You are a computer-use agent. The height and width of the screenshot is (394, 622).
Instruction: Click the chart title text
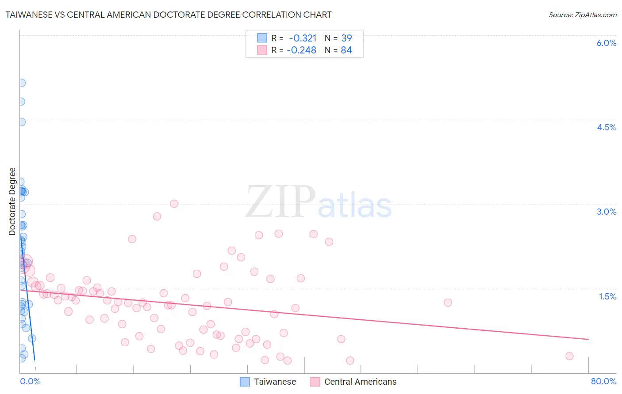pos(168,15)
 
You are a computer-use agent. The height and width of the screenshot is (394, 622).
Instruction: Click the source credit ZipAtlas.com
pos(582,15)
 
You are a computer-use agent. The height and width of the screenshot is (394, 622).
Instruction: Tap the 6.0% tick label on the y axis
pos(606,43)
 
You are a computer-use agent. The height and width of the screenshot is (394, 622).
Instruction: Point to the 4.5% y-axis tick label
pos(606,127)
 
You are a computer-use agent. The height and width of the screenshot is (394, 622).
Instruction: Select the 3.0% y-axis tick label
pos(606,212)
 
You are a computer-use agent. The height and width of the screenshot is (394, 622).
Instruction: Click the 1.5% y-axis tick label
pos(607,296)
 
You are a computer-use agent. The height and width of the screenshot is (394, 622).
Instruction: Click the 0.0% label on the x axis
pos(30,381)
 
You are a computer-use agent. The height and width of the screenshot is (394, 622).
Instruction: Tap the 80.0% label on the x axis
pos(603,381)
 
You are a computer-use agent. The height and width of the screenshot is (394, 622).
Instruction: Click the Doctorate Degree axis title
pos(12,201)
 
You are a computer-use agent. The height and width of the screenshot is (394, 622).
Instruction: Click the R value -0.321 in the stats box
pos(303,38)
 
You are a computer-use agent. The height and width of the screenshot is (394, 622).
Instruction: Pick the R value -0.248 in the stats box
pos(301,50)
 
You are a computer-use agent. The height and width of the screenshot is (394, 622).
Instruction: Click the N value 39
pos(346,38)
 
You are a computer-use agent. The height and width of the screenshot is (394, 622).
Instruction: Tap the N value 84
pos(346,50)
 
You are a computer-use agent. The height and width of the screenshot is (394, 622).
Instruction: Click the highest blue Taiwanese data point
pos(21,83)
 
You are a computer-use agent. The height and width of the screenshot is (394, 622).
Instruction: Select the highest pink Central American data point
pos(174,204)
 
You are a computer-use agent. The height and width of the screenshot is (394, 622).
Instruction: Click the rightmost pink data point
pos(569,356)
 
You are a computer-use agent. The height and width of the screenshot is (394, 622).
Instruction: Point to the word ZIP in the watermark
pos(280,202)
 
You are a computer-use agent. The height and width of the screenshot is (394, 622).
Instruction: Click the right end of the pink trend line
pos(588,339)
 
